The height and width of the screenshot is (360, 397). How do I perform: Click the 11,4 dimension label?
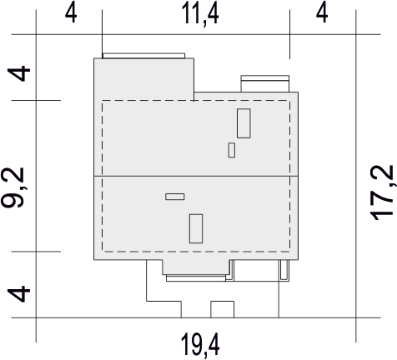pos(199,14)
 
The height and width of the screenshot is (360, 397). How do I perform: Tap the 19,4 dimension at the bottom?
pos(200,345)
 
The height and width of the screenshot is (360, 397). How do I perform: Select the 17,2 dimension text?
pos(382,192)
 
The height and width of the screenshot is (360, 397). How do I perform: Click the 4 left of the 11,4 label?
pos(71,13)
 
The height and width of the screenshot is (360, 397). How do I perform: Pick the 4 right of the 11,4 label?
pos(322,13)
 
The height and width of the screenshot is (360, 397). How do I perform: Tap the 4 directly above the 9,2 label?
pos(18,73)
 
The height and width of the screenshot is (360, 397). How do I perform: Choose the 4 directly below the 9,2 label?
pos(18,294)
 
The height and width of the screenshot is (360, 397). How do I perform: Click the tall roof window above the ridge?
pos(244,123)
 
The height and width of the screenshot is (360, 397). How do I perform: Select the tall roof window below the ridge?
pos(196,228)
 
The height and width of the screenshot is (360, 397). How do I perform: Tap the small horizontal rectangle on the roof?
pos(175,197)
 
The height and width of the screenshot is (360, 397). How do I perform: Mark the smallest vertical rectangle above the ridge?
pos(232,150)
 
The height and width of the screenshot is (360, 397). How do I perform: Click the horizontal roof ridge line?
pos(196,176)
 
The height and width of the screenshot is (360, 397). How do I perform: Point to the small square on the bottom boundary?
pos(223,309)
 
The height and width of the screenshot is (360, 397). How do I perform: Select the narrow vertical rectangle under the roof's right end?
pos(284,270)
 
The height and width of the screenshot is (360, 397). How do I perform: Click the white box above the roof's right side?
pos(265,83)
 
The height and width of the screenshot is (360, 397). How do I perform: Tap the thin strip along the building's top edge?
pos(143,56)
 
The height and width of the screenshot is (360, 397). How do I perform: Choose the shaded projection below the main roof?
pos(196,267)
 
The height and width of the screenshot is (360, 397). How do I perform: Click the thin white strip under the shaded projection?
pos(196,278)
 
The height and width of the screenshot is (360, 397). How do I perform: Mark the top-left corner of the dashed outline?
pos(103,101)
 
